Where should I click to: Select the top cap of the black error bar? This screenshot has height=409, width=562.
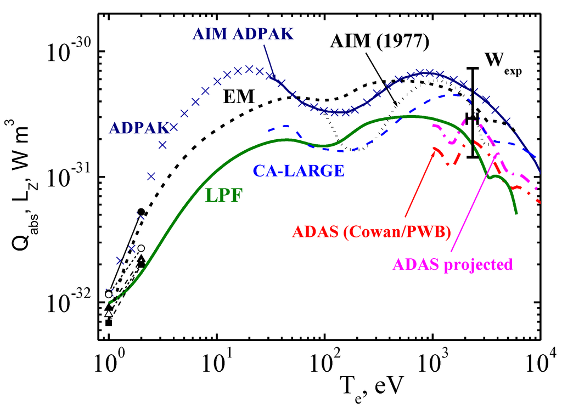(473, 68)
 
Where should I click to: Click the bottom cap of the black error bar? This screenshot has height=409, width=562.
(473, 157)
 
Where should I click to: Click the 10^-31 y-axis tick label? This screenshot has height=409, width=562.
(70, 177)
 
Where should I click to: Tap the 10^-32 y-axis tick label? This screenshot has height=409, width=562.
(70, 303)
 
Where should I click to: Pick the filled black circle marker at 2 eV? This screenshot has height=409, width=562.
(141, 212)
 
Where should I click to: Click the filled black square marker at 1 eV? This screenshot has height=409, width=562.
(109, 322)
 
